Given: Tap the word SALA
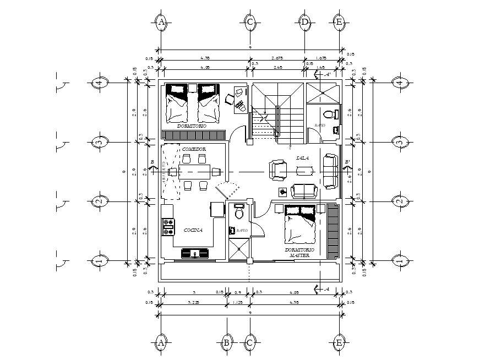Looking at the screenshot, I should [302, 158].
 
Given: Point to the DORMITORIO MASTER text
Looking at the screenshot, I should [297, 253].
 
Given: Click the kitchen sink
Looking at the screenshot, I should [195, 253].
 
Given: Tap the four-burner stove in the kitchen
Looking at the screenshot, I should [167, 227].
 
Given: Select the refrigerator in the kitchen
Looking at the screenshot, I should [216, 210].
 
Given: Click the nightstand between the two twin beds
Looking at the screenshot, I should [192, 88].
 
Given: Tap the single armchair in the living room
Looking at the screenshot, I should [277, 170].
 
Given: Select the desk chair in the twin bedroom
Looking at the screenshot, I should [229, 99].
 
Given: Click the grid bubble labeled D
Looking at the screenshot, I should [305, 22].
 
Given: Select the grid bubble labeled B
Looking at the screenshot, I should [226, 342].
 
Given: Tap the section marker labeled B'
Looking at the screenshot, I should [347, 161].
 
